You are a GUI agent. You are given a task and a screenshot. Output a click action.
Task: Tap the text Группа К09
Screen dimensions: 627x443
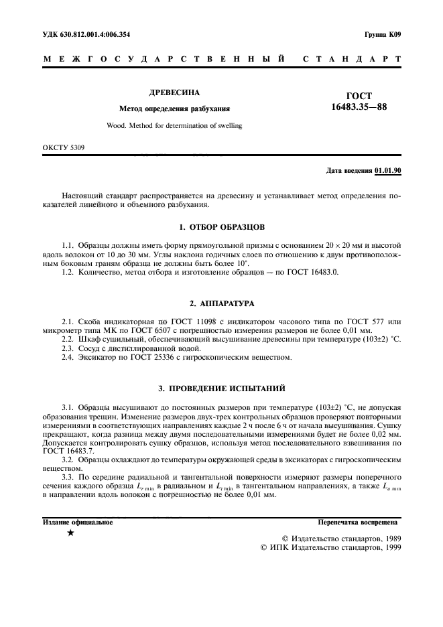pos(382,33)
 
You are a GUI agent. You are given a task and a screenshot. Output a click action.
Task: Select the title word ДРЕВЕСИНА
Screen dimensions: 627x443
pos(174,92)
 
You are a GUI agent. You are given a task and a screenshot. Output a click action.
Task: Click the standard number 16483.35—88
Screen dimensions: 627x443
pos(359,107)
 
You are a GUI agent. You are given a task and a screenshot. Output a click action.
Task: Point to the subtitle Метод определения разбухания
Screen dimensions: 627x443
pos(174,109)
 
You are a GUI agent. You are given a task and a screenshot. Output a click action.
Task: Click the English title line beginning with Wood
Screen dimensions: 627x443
pos(174,125)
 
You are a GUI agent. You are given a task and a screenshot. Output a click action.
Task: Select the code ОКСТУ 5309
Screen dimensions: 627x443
pos(64,147)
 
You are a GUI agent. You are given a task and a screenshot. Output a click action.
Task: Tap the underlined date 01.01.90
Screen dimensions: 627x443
pos(388,171)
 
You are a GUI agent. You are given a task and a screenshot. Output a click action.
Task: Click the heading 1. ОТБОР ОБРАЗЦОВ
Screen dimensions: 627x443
pos(221,227)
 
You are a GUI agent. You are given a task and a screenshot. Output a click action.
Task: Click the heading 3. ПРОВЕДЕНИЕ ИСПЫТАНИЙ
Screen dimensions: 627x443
pos(221,388)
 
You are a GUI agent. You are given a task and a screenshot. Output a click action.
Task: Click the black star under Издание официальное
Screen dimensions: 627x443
pos(70,533)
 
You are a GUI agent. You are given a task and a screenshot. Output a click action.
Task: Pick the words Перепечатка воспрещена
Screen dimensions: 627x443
pos(359,521)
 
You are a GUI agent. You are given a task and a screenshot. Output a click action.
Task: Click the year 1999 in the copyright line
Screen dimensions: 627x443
pos(388,547)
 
